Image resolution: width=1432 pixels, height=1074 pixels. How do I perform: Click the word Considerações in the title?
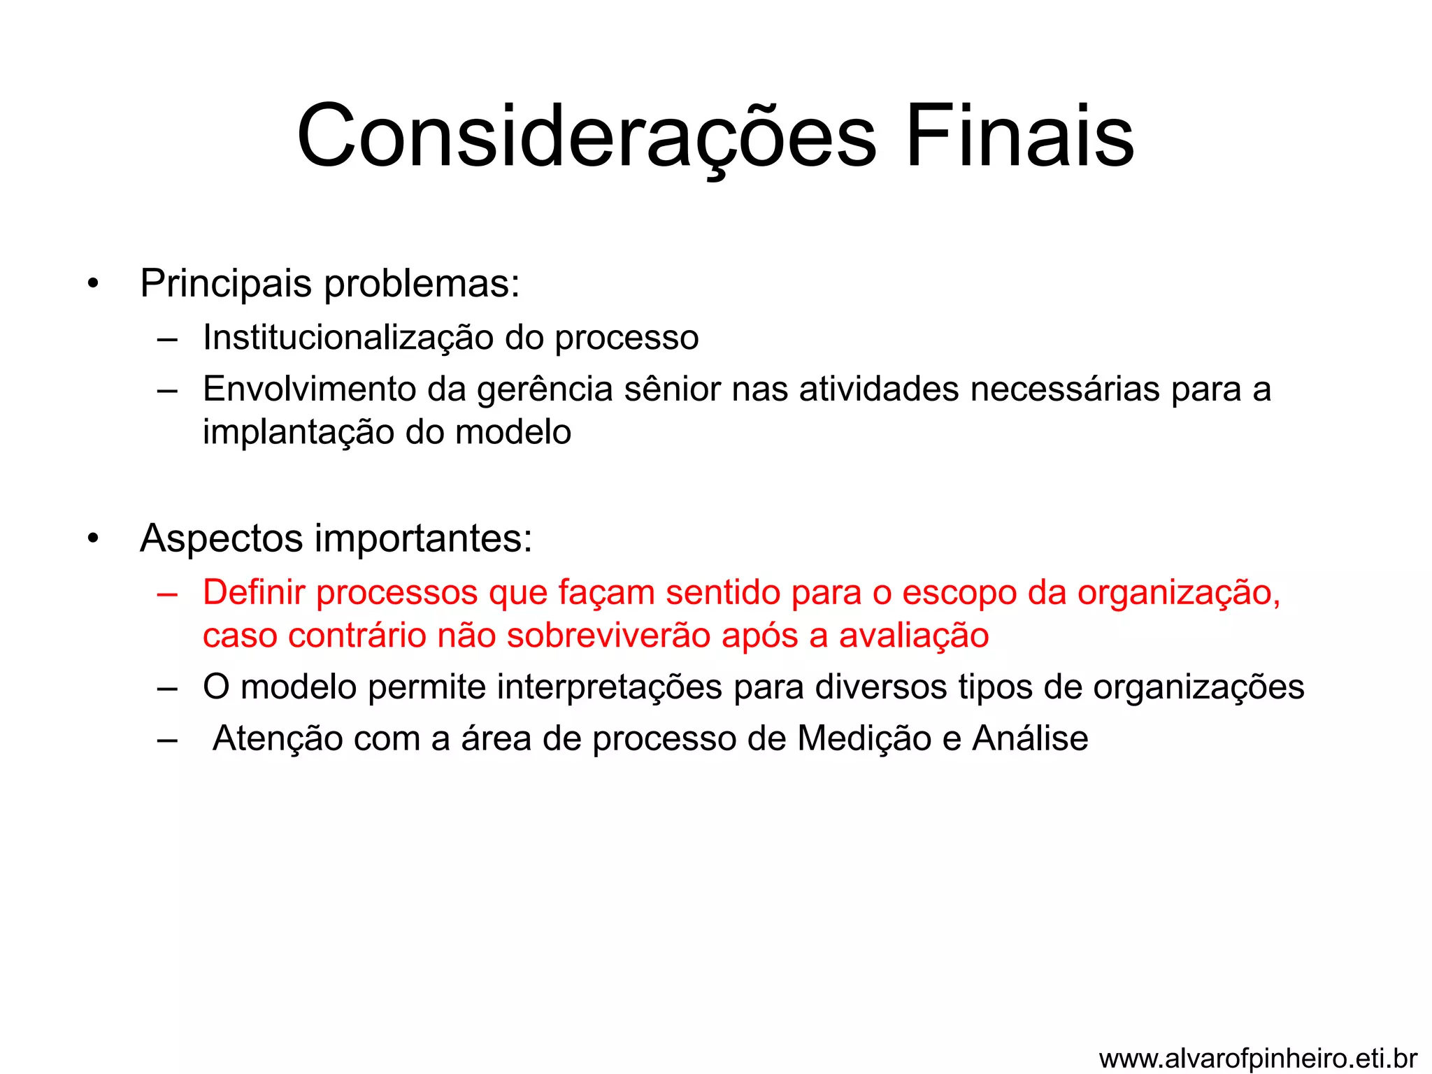(586, 136)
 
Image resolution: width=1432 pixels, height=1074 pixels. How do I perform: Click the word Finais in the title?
(1019, 136)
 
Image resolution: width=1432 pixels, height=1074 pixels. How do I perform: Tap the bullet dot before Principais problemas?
(93, 285)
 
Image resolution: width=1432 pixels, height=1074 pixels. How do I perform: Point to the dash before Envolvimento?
(167, 390)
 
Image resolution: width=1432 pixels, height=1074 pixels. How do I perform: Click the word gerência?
(545, 390)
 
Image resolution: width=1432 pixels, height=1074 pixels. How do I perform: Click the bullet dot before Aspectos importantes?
(93, 539)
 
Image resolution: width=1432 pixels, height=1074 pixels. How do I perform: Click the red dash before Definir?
(167, 594)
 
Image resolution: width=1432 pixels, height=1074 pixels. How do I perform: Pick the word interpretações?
(609, 687)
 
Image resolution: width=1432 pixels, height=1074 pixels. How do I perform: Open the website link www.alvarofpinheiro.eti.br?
(1258, 1059)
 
